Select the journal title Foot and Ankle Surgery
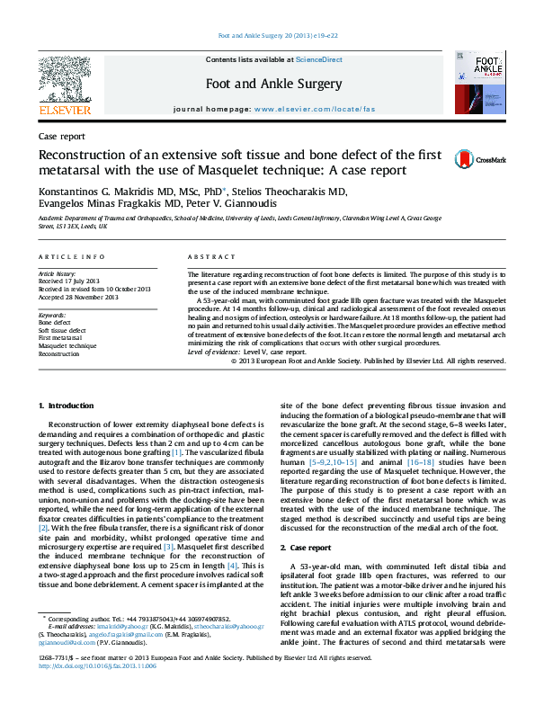point(273,85)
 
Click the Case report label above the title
point(62,137)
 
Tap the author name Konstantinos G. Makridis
point(101,192)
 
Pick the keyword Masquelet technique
point(67,345)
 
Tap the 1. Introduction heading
point(64,406)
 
